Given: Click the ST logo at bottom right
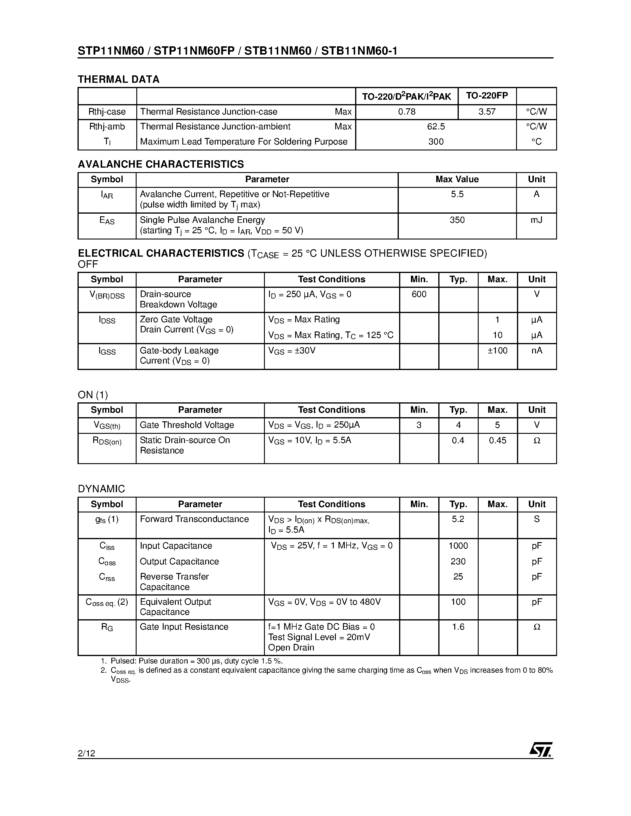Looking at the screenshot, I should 540,750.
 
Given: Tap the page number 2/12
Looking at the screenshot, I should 86,753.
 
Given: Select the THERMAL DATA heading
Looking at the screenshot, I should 118,79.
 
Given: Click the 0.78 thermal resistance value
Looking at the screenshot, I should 407,112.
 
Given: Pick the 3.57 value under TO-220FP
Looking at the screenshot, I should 487,112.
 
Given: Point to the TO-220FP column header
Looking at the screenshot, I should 487,96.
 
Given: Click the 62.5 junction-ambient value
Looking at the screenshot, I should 436,127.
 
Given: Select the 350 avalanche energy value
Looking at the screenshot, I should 457,220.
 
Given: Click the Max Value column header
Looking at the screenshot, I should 457,179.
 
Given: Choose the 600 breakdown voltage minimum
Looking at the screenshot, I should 419,294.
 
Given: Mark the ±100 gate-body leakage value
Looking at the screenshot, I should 497,350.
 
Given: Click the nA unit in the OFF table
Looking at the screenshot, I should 537,350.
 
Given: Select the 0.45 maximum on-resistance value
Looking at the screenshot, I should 497,441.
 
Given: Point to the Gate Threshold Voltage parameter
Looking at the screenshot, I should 186,425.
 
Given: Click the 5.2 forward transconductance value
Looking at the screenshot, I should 458,519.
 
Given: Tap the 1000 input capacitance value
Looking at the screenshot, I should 458,546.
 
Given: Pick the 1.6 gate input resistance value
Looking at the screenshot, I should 458,627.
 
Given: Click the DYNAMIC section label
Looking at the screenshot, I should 101,489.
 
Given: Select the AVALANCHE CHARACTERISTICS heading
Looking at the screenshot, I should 161,164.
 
